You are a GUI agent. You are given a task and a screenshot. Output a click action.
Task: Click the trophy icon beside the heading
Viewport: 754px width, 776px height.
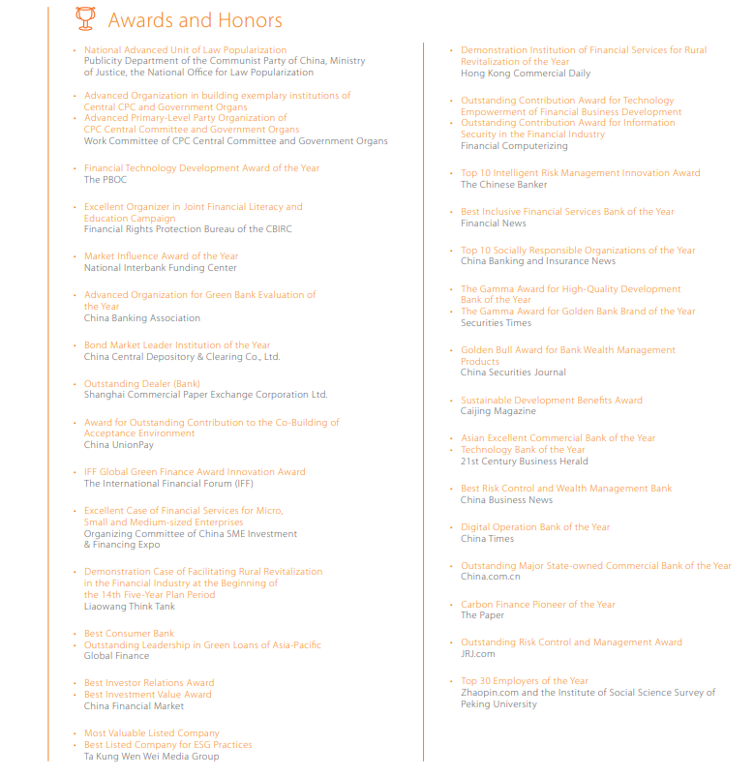tap(85, 18)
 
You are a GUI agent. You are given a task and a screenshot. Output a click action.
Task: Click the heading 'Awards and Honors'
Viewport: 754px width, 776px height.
tap(195, 20)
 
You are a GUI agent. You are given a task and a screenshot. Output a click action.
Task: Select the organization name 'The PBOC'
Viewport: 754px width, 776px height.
tap(106, 180)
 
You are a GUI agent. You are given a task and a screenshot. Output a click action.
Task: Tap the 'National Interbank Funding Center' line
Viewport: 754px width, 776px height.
tap(160, 268)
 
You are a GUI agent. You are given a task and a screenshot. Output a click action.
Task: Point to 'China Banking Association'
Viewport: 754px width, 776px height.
tap(141, 318)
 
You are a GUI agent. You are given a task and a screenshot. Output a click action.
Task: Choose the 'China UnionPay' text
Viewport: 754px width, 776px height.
tap(118, 445)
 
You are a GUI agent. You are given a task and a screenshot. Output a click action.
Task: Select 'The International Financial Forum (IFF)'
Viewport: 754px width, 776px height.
tap(168, 484)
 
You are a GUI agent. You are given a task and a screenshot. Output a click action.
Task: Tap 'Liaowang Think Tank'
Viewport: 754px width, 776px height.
tap(129, 607)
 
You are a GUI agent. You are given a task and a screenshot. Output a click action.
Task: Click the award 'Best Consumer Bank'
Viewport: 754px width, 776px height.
tap(129, 634)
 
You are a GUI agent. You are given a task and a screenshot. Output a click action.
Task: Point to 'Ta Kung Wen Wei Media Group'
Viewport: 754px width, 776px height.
tap(151, 757)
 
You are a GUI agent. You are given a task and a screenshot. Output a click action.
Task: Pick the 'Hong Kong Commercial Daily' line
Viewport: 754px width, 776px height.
tap(525, 74)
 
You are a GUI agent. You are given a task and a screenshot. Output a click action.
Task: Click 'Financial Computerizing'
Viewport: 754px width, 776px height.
tap(514, 146)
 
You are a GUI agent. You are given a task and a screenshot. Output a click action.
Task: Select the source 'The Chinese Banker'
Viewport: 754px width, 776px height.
tap(503, 185)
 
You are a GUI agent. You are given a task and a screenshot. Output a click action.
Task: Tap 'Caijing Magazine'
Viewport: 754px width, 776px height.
tap(498, 411)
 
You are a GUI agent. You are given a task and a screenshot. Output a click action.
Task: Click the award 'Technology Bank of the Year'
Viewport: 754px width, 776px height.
tap(523, 450)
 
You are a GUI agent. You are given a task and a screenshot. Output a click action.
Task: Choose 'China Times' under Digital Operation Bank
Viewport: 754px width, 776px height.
tap(487, 539)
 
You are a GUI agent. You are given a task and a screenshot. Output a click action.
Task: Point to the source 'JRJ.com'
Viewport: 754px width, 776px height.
tap(477, 654)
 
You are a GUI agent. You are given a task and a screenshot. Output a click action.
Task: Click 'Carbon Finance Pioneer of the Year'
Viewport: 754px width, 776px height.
tap(537, 605)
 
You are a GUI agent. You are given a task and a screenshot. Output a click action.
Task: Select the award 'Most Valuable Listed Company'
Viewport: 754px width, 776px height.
tap(151, 733)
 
